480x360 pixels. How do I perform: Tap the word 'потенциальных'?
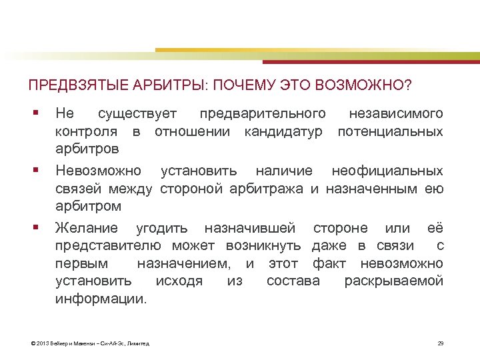390,131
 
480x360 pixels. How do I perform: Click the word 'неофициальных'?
387,171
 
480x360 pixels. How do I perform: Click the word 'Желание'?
86,229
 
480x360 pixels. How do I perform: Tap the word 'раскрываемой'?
393,281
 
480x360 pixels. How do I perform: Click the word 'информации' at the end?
100,299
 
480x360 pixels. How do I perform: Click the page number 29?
440,343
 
